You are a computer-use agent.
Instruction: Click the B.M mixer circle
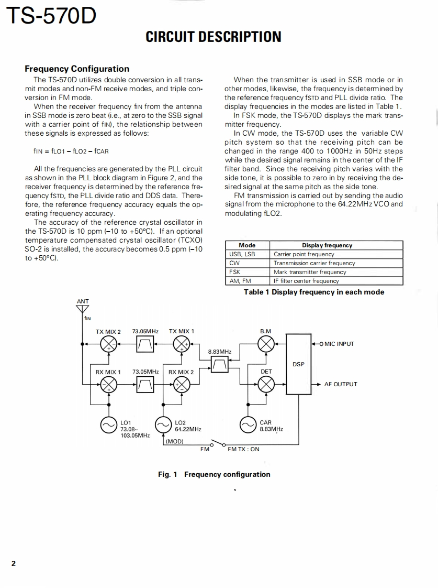266,344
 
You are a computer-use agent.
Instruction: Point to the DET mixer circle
266,385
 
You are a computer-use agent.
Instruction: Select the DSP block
298,364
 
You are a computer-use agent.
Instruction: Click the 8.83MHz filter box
220,364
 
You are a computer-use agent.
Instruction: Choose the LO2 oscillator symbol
164,426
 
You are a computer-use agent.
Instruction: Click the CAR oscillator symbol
248,426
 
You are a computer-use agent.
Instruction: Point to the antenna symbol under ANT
83,310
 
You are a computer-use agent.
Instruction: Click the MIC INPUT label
339,344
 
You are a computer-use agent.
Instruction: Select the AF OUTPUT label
341,384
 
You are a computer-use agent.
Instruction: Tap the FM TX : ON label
243,449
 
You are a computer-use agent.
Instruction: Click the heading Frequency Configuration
77,69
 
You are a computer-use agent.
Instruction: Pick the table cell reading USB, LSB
242,254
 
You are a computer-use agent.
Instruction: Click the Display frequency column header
327,245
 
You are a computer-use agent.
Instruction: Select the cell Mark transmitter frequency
310,272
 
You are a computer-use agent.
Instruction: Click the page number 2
14,564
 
